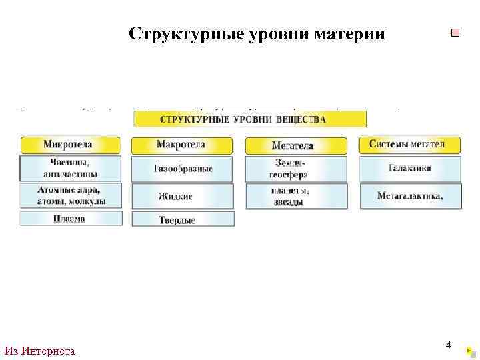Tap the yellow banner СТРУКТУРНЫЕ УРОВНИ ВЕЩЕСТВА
[x=251, y=119]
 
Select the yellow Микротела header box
[x=71, y=145]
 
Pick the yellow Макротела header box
[x=182, y=145]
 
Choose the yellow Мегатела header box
[x=295, y=145]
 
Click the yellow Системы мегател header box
[x=410, y=145]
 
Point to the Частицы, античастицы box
[x=71, y=169]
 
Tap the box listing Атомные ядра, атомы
[x=71, y=195]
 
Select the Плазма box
[x=71, y=219]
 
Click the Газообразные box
[x=182, y=169]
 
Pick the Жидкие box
[x=182, y=196]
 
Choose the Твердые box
[x=182, y=219]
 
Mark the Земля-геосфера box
[x=295, y=169]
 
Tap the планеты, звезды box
[x=295, y=196]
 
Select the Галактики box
[x=410, y=169]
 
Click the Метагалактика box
[x=410, y=195]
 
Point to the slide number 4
[x=448, y=345]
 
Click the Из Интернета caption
[x=39, y=351]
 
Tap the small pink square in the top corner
[x=455, y=33]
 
